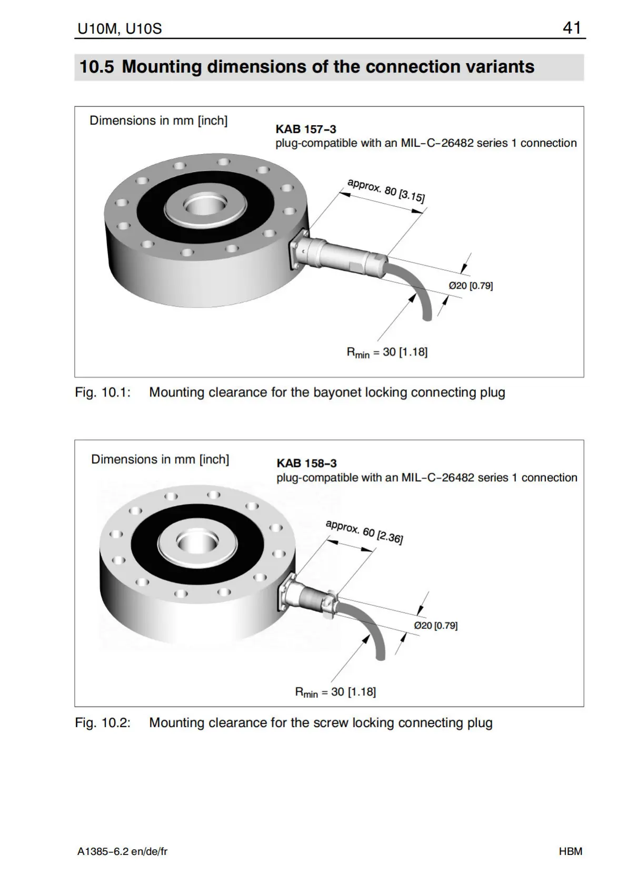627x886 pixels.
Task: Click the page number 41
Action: [x=571, y=27]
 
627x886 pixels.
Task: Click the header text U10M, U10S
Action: [x=120, y=28]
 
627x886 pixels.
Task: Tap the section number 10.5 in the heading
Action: [x=96, y=67]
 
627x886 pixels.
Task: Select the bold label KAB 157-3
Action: [x=305, y=129]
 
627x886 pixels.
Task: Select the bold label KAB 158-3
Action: [x=306, y=463]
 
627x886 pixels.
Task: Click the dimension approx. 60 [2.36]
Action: [x=364, y=532]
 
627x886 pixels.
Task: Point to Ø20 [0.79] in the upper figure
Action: [x=471, y=286]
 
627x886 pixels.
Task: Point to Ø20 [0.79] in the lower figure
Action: [x=435, y=625]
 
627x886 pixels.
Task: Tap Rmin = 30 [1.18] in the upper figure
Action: [x=387, y=352]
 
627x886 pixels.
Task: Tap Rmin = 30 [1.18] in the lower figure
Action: [x=335, y=692]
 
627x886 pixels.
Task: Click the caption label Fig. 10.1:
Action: [x=103, y=392]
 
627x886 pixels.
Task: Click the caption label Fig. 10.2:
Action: [x=103, y=722]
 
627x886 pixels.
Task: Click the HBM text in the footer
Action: [x=571, y=851]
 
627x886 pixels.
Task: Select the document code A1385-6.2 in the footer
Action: [x=103, y=851]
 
